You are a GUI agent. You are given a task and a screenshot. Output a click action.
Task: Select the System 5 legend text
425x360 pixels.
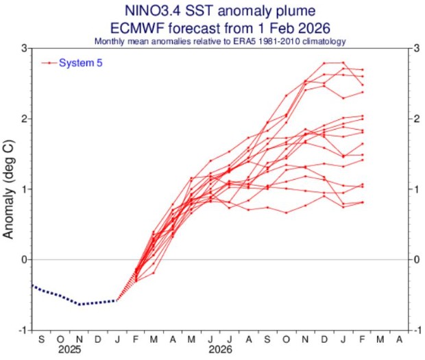81,63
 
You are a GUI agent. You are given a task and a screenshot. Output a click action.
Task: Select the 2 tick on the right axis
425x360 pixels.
417,119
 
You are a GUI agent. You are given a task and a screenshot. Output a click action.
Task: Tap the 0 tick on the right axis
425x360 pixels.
417,260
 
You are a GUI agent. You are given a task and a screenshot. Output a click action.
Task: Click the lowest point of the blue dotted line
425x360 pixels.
80,304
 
